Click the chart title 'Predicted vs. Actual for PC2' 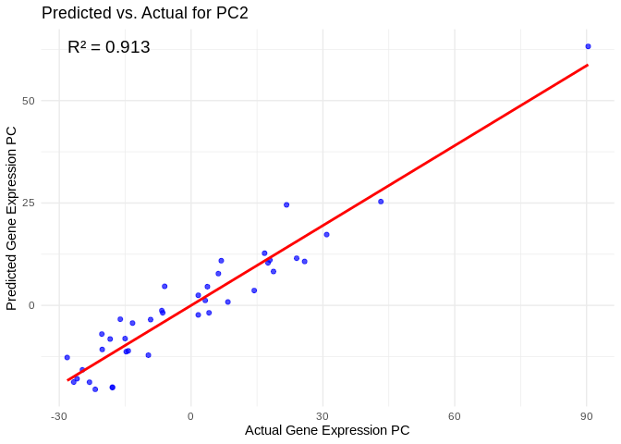click(145, 13)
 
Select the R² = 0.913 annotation click(108, 47)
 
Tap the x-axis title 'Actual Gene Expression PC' click(327, 430)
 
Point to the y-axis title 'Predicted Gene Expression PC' click(12, 218)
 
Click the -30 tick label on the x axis click(59, 416)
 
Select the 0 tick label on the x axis click(191, 416)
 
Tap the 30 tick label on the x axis click(323, 416)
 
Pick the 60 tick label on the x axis click(455, 416)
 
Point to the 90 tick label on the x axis click(587, 416)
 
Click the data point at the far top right click(588, 46)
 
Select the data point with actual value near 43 click(381, 202)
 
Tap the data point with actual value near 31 click(326, 235)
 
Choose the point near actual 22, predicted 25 click(286, 204)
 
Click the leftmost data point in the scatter click(67, 357)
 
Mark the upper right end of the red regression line click(588, 65)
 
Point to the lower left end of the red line click(67, 380)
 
